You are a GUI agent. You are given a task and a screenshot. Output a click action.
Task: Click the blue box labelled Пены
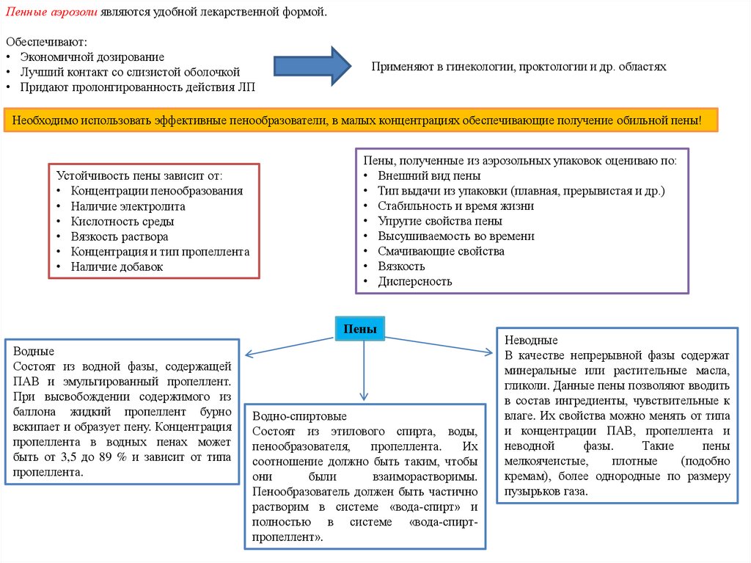[x=360, y=330]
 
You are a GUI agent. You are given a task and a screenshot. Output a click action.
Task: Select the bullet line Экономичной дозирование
[x=92, y=57]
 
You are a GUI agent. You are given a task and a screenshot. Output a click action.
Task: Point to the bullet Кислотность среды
[x=120, y=222]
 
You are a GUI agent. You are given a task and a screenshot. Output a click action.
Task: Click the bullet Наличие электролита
[x=128, y=206]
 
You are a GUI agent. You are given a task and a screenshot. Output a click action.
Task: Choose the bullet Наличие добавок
[x=117, y=266]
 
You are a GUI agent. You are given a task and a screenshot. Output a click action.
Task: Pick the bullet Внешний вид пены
[x=429, y=176]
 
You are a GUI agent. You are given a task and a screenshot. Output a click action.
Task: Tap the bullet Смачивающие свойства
[x=441, y=251]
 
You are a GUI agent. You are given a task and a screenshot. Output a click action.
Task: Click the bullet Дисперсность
[x=415, y=281]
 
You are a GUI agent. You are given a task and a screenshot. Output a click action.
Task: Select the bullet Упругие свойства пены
[x=440, y=221]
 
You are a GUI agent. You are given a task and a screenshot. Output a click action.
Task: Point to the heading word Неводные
[x=531, y=341]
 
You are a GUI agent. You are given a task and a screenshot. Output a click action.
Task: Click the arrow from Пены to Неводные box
[x=440, y=345]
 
